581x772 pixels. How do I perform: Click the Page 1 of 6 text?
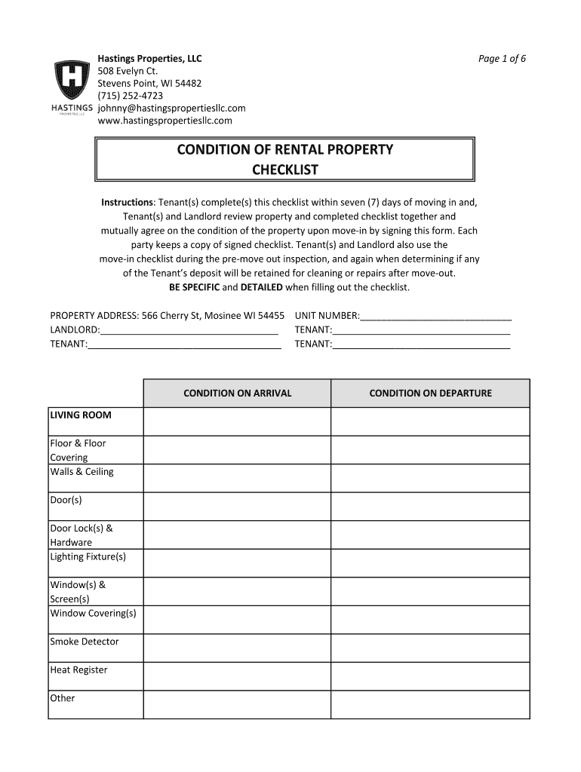click(502, 59)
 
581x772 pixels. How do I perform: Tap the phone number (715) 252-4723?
click(130, 96)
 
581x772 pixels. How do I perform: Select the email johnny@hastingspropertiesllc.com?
click(171, 108)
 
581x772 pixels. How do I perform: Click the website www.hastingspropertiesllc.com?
click(164, 121)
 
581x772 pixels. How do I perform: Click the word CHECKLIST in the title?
click(284, 170)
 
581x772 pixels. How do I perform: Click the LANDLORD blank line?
click(189, 330)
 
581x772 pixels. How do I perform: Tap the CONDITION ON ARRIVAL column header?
click(237, 393)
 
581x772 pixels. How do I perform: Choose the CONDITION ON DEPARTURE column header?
click(430, 393)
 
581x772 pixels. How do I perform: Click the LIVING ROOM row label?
click(80, 415)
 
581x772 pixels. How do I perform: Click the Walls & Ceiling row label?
click(81, 472)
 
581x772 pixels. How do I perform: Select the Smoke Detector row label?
click(84, 642)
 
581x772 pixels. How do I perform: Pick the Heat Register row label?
click(78, 670)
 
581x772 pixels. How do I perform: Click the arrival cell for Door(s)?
click(237, 507)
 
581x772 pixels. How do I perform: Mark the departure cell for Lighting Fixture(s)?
click(430, 563)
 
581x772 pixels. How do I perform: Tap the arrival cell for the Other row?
click(237, 704)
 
